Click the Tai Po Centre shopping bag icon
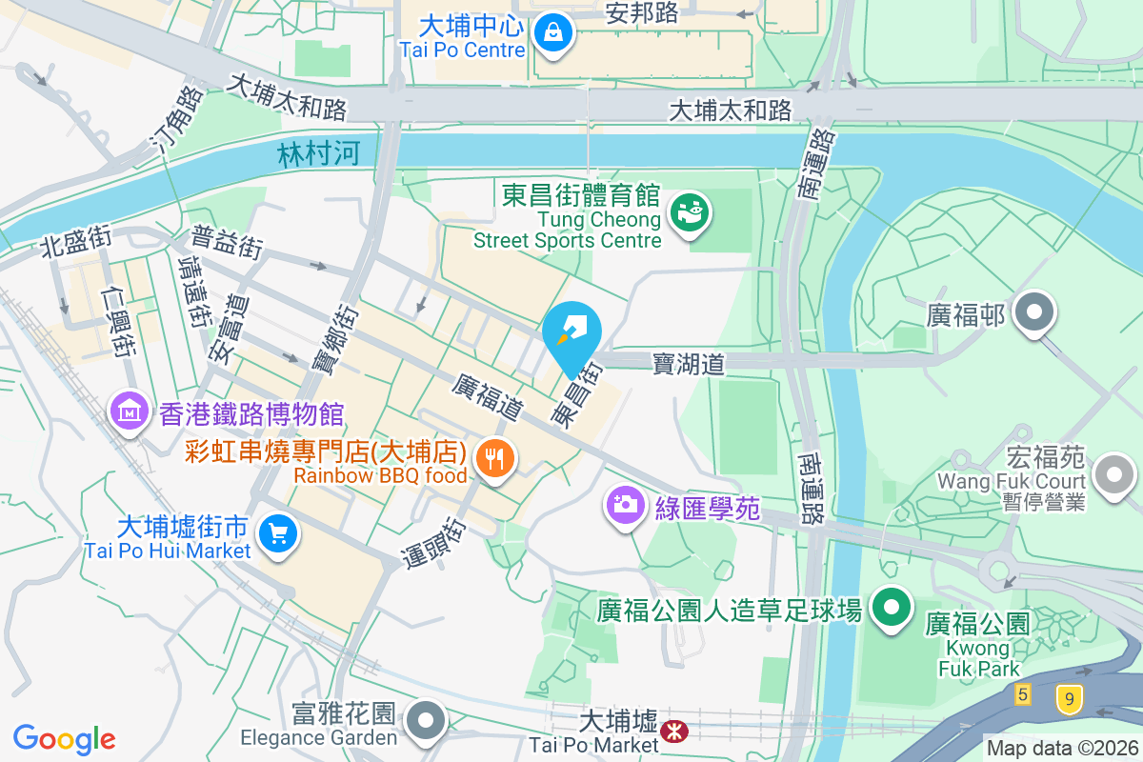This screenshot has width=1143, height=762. (x=552, y=33)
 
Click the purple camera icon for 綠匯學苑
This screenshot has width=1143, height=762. (x=625, y=504)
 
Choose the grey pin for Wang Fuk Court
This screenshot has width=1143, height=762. (x=1114, y=473)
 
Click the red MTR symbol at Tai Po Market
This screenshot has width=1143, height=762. (x=674, y=732)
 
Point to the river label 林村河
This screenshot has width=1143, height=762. (x=319, y=154)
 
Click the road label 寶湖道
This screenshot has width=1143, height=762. (x=689, y=363)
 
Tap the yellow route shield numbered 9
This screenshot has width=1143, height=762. (x=1070, y=700)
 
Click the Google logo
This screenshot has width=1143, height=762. (x=65, y=738)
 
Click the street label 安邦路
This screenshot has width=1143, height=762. (x=642, y=12)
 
